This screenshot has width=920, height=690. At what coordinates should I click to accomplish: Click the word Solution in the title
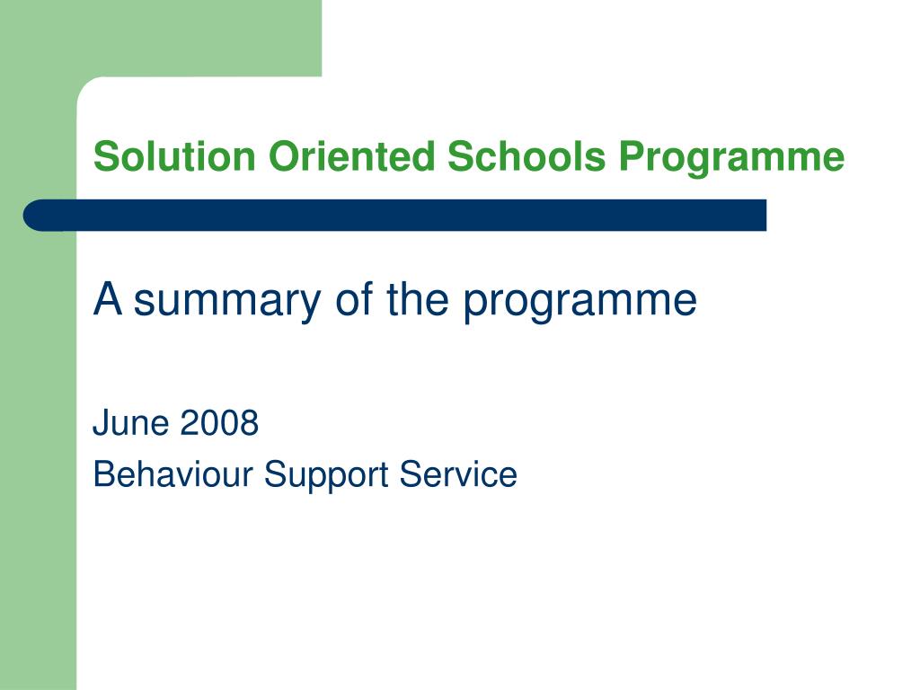(174, 156)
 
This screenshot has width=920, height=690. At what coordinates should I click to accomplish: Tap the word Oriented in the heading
(351, 156)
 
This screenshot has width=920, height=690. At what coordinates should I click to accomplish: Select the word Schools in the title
(526, 156)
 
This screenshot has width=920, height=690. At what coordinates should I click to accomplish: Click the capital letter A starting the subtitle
(108, 298)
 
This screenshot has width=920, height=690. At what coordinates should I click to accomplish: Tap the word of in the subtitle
(354, 298)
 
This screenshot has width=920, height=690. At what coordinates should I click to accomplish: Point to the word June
(131, 422)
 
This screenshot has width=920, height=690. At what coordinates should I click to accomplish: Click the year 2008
(219, 422)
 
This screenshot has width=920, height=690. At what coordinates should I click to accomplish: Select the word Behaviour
(173, 474)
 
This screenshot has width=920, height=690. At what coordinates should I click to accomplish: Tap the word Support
(326, 476)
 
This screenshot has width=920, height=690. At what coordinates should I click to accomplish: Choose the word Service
(458, 474)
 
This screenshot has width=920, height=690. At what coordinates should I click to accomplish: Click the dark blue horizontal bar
(395, 216)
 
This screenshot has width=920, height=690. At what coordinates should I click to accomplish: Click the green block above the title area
(161, 38)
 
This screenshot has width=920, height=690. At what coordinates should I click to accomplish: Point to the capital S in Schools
(460, 156)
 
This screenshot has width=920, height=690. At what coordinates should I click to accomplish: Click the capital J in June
(101, 422)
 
